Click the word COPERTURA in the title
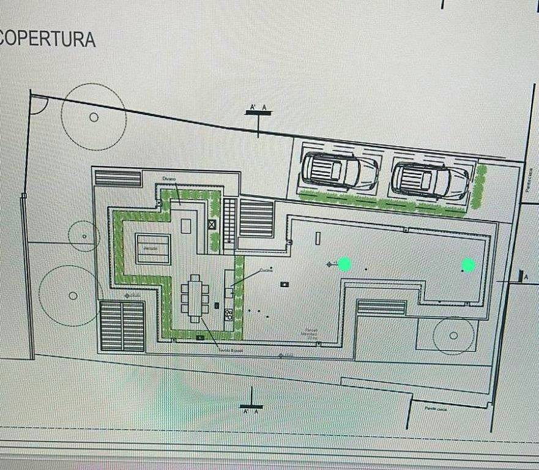click(48, 39)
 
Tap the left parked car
click(340, 171)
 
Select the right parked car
click(430, 180)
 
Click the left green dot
click(344, 264)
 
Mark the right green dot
click(468, 265)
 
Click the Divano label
click(169, 178)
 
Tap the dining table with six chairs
click(195, 297)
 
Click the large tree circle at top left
click(94, 117)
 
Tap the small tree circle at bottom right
click(453, 335)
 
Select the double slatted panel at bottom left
click(122, 325)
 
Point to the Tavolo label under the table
click(231, 350)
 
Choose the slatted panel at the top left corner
click(117, 178)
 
